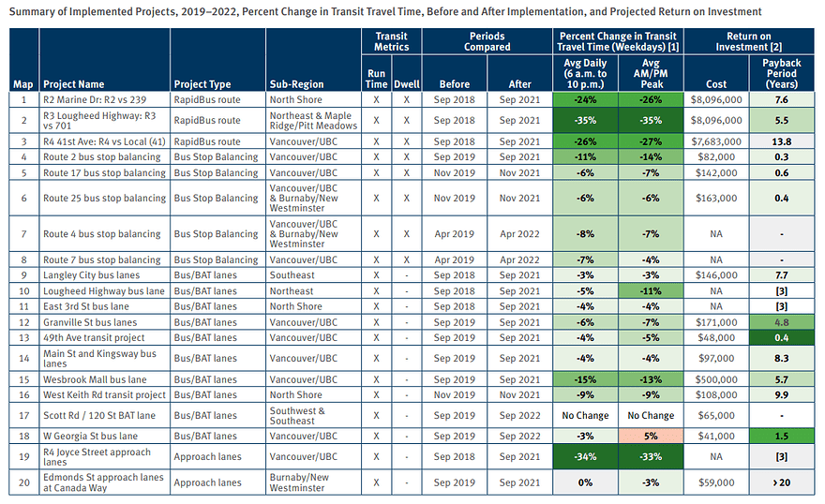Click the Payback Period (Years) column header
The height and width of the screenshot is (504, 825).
[x=781, y=74]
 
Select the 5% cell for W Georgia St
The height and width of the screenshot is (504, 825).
[x=651, y=437]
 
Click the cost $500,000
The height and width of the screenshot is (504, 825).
[x=716, y=379]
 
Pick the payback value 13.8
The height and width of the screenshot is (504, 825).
[x=781, y=141]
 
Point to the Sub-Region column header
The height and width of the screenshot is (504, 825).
[x=297, y=84]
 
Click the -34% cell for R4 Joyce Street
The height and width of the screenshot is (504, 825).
[x=585, y=457]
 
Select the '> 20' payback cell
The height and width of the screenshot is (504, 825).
[x=781, y=482]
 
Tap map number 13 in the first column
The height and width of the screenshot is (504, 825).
[x=24, y=338]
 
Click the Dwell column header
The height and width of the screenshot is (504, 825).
[x=407, y=84]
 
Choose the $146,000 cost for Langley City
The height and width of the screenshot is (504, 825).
[x=716, y=275]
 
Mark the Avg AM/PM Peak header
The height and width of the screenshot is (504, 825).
[x=651, y=74]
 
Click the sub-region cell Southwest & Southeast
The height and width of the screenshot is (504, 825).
[x=297, y=416]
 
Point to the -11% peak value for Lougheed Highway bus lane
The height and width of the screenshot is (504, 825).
[x=651, y=291]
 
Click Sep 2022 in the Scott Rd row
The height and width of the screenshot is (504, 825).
[x=519, y=416]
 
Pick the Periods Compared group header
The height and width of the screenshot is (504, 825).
[x=487, y=41]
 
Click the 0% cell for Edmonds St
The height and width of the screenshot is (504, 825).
[x=585, y=482]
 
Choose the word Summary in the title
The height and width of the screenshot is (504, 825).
[x=32, y=11]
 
